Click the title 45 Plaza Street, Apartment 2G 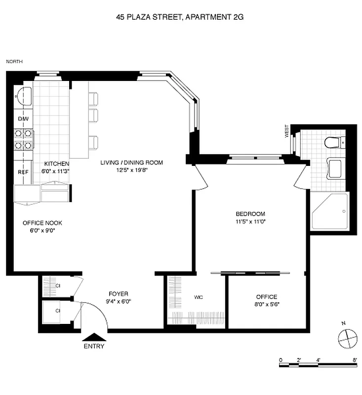point(180,17)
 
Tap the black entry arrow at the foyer point(94,337)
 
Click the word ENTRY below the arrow point(94,346)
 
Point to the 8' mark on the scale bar point(355,360)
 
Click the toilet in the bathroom point(333,143)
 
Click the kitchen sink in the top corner point(23,95)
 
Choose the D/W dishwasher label point(23,119)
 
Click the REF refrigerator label point(23,172)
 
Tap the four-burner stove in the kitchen point(23,139)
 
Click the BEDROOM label point(250,214)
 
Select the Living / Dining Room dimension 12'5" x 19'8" point(131,170)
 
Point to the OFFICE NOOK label point(42,223)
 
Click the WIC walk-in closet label point(199,297)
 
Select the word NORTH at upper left point(14,62)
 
